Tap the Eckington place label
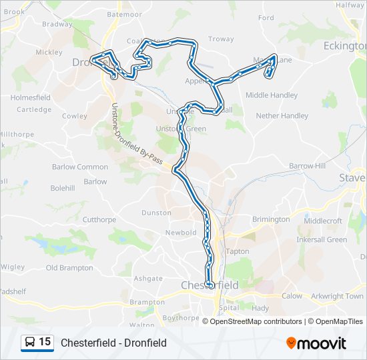click(x=344, y=45)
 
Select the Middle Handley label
click(x=272, y=95)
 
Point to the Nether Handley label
click(x=282, y=115)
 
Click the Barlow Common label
click(x=80, y=167)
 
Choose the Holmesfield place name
click(x=31, y=97)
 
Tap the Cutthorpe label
click(x=99, y=219)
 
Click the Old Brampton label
click(x=69, y=268)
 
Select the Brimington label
click(x=271, y=219)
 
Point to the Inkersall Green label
click(x=322, y=240)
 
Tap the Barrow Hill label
click(x=308, y=165)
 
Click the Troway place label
click(x=221, y=39)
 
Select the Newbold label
click(x=181, y=233)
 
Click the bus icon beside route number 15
click(x=29, y=343)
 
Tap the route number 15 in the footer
click(x=45, y=342)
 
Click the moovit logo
click(x=316, y=343)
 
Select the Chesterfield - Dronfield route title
click(x=113, y=343)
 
